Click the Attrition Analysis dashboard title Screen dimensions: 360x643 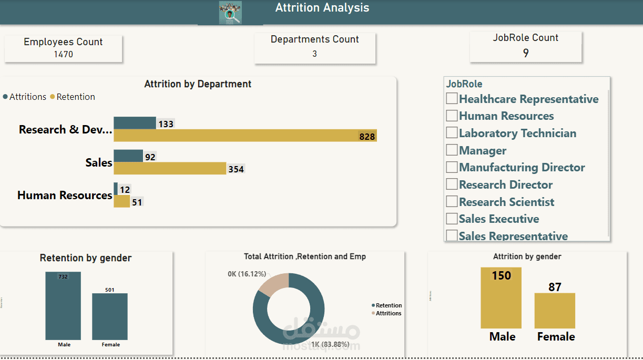pyautogui.click(x=322, y=8)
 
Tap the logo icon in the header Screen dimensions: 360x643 pyautogui.click(x=230, y=13)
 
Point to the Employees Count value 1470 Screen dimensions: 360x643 pyautogui.click(x=63, y=54)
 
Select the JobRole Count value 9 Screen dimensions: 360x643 pyautogui.click(x=526, y=53)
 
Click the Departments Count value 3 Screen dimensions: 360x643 pyautogui.click(x=314, y=54)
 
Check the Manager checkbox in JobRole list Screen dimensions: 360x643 pyautogui.click(x=452, y=150)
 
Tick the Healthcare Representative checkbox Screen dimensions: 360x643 pyautogui.click(x=452, y=99)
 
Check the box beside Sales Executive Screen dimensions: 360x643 pyautogui.click(x=452, y=219)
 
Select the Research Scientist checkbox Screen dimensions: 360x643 pyautogui.click(x=452, y=202)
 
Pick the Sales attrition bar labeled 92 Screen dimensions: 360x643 pyautogui.click(x=128, y=156)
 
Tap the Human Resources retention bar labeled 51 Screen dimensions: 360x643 pyautogui.click(x=121, y=201)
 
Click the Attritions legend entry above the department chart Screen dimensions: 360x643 pyautogui.click(x=25, y=97)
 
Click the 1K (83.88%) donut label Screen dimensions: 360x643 pyautogui.click(x=330, y=344)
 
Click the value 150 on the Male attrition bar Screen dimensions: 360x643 pyautogui.click(x=501, y=275)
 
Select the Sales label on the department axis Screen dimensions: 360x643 pyautogui.click(x=99, y=162)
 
